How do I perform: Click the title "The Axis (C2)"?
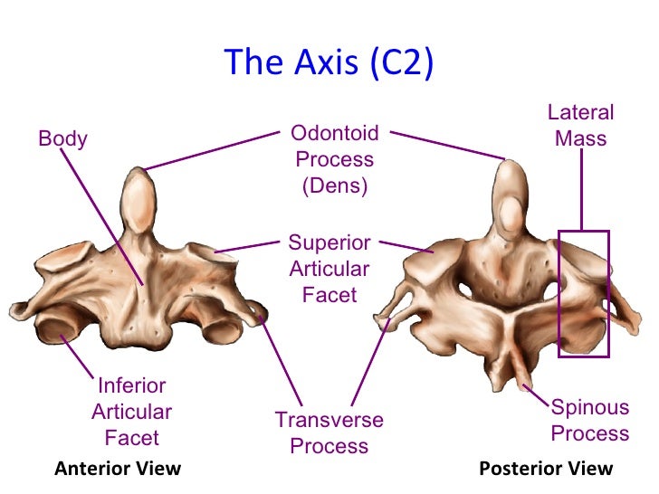coord(329,62)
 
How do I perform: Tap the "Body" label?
coord(62,139)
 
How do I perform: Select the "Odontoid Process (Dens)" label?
coord(334,160)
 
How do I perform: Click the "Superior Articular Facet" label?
coord(329,269)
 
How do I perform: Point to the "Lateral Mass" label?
coord(580,126)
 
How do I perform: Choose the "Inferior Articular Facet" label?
coord(131,412)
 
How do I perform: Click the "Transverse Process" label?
coord(329,432)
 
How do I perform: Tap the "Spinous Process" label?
coord(589,420)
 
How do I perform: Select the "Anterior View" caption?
coord(118,469)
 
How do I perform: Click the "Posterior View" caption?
coord(545,469)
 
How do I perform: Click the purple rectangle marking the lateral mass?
coord(583,293)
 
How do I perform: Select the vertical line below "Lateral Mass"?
coord(581,190)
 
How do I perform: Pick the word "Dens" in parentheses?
coord(335,186)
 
